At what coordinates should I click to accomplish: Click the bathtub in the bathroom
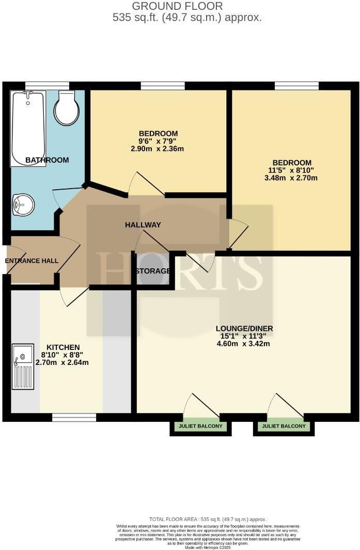click(x=28, y=128)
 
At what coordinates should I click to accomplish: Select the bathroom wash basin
click(x=23, y=205)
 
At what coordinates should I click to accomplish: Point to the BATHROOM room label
click(x=47, y=160)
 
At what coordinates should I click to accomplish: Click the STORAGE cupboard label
click(x=152, y=271)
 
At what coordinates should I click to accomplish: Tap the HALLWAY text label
click(x=143, y=225)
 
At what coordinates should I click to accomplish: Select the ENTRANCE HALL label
click(x=32, y=261)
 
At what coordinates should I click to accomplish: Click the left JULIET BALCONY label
click(x=201, y=426)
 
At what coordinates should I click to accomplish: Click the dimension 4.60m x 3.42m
click(x=244, y=344)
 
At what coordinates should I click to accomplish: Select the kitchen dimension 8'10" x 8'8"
click(x=62, y=355)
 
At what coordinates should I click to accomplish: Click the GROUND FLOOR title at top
click(x=178, y=6)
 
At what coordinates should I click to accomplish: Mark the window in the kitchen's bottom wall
click(x=74, y=417)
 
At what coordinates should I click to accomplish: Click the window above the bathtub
click(x=47, y=85)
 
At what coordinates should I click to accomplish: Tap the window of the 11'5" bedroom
click(x=296, y=85)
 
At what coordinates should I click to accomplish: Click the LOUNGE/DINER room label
click(x=244, y=328)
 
